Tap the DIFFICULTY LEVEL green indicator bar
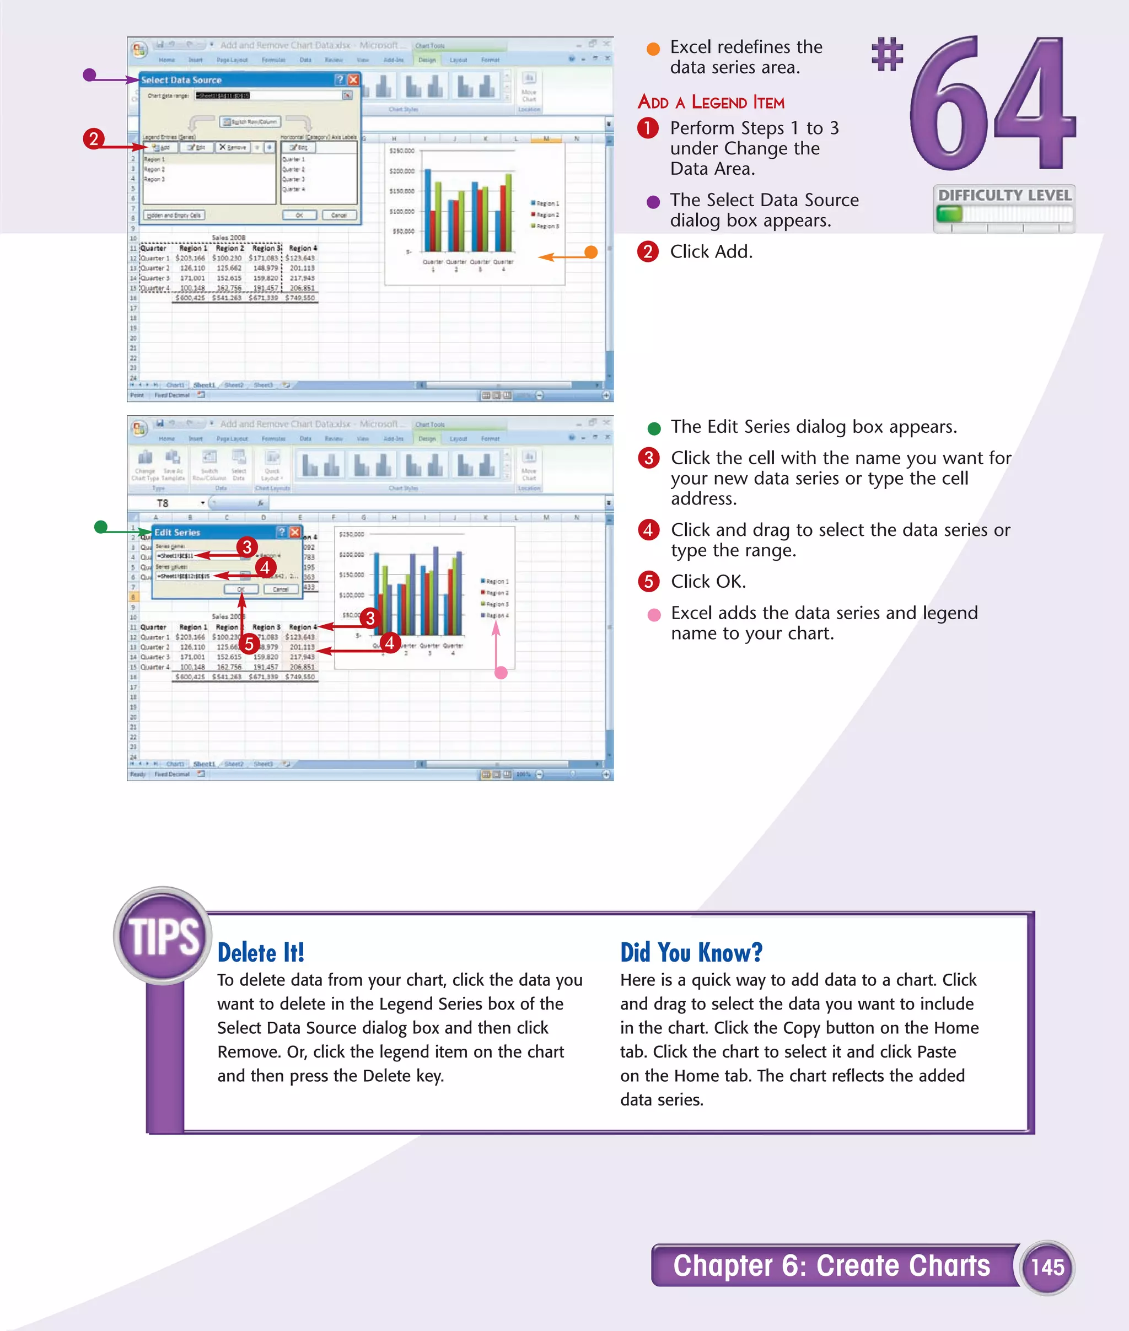coord(949,213)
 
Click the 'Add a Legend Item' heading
coord(711,103)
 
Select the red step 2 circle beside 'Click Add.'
coord(648,251)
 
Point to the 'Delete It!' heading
coord(261,953)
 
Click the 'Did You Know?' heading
coord(691,953)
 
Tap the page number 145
coord(1047,1267)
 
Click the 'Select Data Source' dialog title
coord(181,80)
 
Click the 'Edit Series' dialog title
coord(178,533)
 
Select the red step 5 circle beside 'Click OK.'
coord(648,581)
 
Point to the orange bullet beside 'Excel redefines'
coord(653,49)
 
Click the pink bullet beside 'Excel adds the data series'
coord(653,615)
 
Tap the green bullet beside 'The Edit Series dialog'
coord(653,428)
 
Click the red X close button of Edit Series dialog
coord(295,532)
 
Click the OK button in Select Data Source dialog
coord(299,215)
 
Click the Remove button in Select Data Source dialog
coord(232,147)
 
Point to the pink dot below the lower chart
coord(501,673)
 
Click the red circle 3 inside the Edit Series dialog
coord(247,547)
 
